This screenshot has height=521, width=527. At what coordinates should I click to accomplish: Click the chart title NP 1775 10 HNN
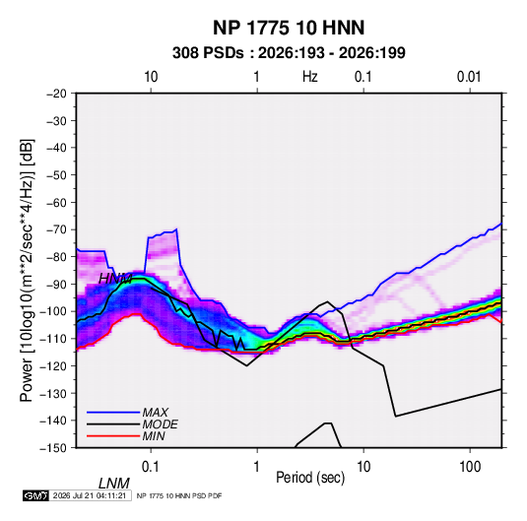click(x=289, y=28)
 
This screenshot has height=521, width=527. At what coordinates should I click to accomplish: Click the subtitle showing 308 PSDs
click(x=289, y=53)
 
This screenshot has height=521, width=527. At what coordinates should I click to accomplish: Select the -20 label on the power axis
click(x=56, y=94)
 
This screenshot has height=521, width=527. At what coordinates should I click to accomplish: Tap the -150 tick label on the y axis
click(x=54, y=448)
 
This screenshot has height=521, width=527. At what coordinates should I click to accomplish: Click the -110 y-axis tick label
click(x=54, y=339)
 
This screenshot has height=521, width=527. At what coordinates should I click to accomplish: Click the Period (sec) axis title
click(x=310, y=478)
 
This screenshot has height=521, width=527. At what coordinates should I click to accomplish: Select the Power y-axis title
click(x=27, y=271)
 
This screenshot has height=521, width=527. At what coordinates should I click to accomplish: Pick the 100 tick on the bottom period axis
click(x=470, y=467)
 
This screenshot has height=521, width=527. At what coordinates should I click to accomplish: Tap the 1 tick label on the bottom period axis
click(x=257, y=467)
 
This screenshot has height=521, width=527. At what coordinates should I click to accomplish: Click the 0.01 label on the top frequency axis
click(x=469, y=77)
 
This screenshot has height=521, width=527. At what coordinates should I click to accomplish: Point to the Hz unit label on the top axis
click(x=310, y=77)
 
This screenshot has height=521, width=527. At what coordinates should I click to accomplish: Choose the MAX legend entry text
click(x=156, y=413)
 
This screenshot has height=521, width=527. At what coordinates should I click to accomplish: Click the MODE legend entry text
click(x=160, y=424)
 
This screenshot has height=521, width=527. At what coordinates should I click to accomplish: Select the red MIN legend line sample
click(x=113, y=436)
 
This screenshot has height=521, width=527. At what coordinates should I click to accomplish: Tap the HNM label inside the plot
click(x=115, y=279)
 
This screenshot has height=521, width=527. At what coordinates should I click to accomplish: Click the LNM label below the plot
click(x=114, y=484)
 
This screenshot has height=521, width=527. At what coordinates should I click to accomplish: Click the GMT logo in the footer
click(x=36, y=495)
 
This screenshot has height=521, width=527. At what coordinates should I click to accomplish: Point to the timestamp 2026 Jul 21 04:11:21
click(x=90, y=495)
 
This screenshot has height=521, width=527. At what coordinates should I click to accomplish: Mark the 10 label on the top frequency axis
click(x=151, y=77)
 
